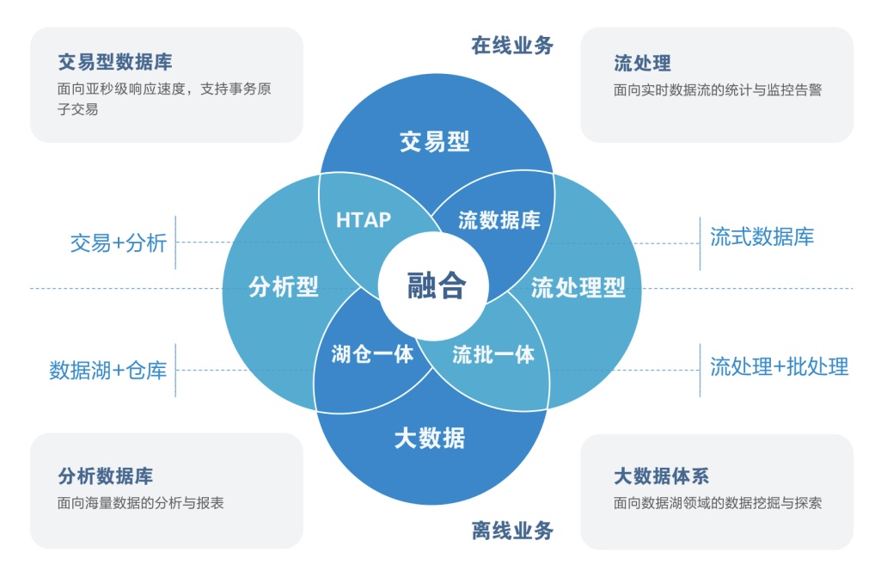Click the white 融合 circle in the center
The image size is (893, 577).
(x=435, y=286)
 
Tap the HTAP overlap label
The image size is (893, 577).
(x=363, y=219)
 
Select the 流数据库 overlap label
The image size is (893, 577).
(x=498, y=220)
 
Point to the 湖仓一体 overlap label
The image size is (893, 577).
(x=372, y=353)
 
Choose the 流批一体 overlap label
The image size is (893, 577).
(x=493, y=353)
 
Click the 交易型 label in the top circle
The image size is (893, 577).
(x=435, y=142)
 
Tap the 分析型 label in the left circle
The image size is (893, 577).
(x=284, y=287)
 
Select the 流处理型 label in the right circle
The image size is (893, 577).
(x=578, y=287)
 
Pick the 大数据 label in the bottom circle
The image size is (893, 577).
(x=430, y=439)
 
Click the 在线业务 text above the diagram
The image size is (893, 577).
(x=512, y=46)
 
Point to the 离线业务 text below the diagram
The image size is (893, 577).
(x=512, y=531)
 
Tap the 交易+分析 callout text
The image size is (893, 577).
(x=119, y=243)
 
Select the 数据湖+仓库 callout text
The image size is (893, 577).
(x=108, y=371)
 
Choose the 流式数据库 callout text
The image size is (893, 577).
(x=761, y=236)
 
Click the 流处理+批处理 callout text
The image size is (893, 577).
(x=779, y=367)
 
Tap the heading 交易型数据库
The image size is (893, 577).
(x=115, y=63)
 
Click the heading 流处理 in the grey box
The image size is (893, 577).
(x=642, y=64)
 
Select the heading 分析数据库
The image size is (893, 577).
(x=106, y=476)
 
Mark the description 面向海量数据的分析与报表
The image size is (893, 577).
(x=141, y=503)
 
